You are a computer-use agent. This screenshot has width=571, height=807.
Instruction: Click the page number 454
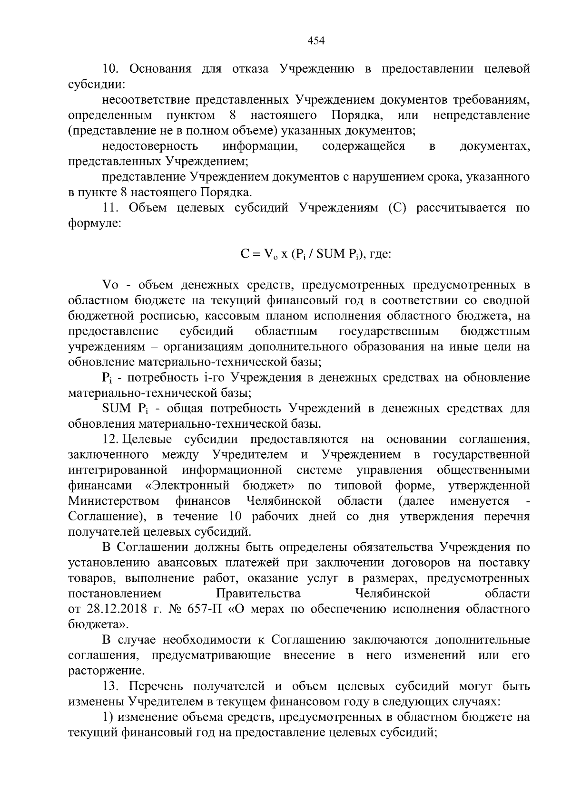(x=316, y=41)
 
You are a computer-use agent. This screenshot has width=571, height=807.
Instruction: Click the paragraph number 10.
(x=110, y=69)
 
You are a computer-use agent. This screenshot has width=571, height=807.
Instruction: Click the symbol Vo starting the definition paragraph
(x=109, y=285)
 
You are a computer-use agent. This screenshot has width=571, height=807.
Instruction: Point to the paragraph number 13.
(x=110, y=686)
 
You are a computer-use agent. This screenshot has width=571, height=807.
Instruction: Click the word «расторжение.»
(x=106, y=671)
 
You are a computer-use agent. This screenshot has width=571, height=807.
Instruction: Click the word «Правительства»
(x=258, y=594)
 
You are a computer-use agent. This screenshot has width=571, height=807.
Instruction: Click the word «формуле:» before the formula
(x=94, y=223)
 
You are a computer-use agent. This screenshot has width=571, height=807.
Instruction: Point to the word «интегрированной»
(x=118, y=470)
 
